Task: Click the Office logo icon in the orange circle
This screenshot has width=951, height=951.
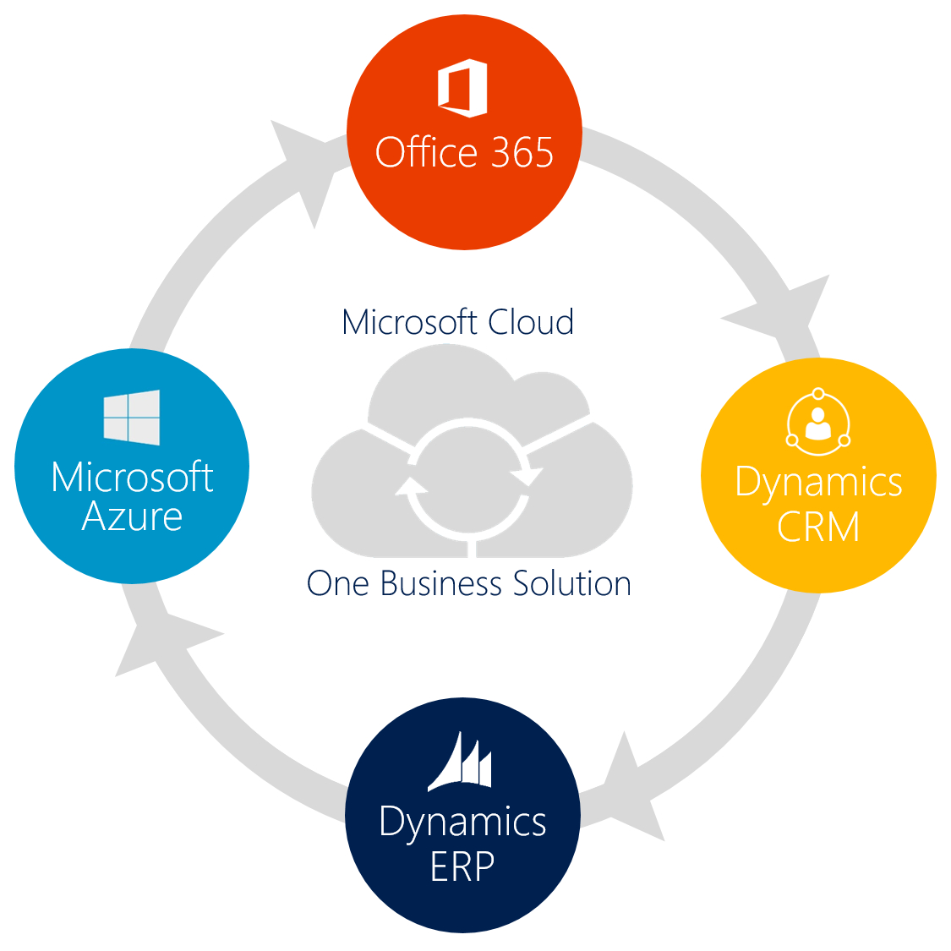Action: [x=462, y=88]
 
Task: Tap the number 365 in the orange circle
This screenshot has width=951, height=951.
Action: [x=522, y=153]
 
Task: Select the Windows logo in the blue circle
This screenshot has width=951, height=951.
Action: [x=132, y=417]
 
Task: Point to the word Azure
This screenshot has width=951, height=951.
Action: [x=132, y=516]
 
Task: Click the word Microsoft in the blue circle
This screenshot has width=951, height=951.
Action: [x=132, y=478]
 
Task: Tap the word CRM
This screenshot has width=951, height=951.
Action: [x=818, y=527]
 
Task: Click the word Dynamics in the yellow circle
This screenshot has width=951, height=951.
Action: [x=818, y=483]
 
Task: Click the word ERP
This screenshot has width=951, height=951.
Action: [x=462, y=866]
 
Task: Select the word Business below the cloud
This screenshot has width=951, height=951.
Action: [x=442, y=583]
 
